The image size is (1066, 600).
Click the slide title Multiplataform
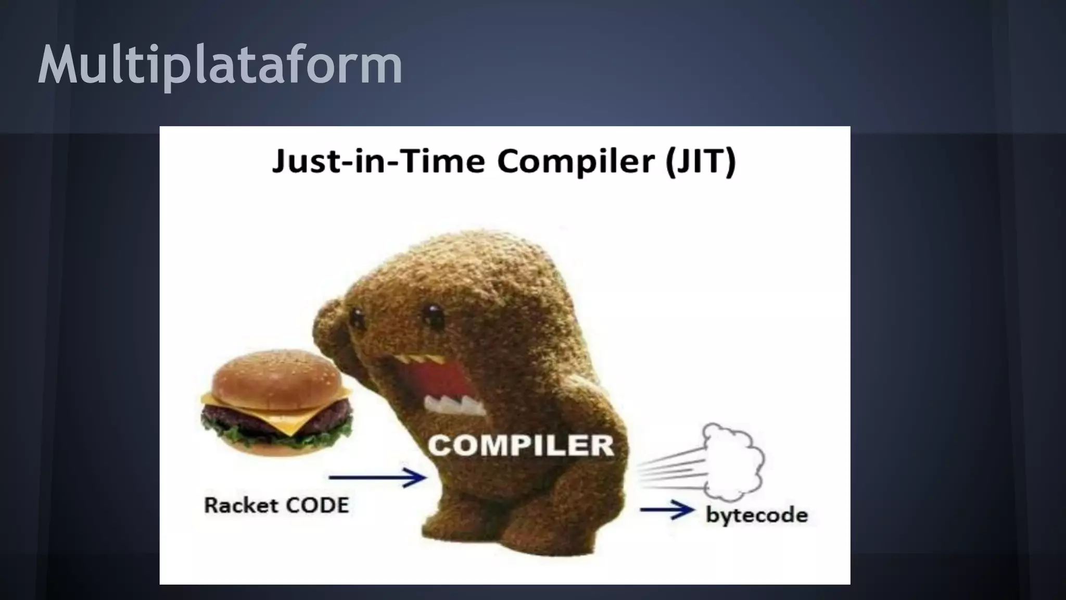pos(220,65)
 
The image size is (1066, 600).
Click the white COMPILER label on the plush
pos(521,446)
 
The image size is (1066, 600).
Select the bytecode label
pos(756,515)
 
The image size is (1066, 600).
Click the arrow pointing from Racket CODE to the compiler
pos(377,477)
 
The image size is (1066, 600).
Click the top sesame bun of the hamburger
pos(276,375)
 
